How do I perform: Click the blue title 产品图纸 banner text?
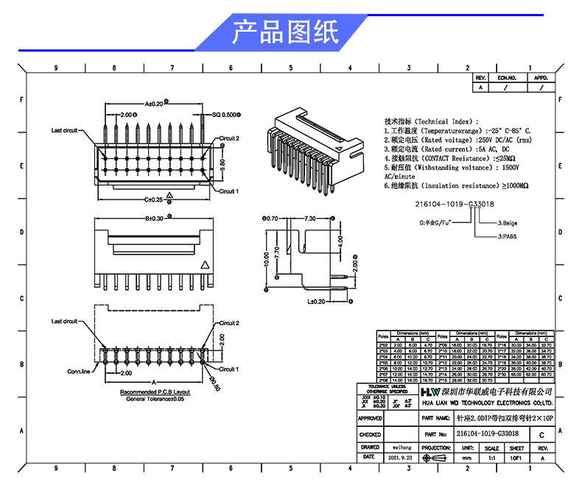[x=285, y=33]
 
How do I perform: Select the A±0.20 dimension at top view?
[x=153, y=104]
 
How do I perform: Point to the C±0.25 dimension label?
[x=153, y=199]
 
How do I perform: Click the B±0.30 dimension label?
[x=153, y=218]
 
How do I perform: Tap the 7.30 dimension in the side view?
[x=309, y=219]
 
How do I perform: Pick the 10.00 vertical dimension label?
[x=264, y=258]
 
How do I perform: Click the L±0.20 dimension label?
[x=316, y=301]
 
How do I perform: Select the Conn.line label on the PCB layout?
[x=78, y=372]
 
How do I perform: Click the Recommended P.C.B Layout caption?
[x=155, y=392]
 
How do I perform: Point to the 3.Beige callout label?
[x=508, y=222]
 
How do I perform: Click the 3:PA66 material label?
[x=506, y=236]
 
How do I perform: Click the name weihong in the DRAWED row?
[x=402, y=447]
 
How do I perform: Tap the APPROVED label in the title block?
[x=370, y=418]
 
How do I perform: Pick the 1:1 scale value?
[x=492, y=457]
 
